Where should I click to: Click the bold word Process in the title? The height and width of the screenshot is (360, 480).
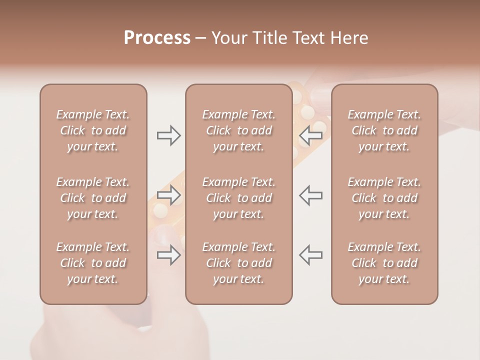[157, 38]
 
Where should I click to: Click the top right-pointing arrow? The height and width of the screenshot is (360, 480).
[169, 135]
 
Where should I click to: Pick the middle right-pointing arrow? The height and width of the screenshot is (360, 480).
[169, 195]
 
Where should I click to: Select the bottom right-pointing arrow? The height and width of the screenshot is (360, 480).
[169, 255]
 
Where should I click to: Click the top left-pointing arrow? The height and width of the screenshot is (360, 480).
[310, 135]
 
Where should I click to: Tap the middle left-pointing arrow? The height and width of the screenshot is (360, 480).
[310, 195]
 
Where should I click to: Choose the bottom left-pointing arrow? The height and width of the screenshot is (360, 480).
[310, 255]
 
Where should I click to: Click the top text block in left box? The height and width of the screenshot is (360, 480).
[93, 130]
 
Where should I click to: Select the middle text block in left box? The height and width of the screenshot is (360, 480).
[93, 198]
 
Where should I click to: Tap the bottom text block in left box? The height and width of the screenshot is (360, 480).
[93, 263]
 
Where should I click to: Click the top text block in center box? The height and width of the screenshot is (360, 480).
[238, 130]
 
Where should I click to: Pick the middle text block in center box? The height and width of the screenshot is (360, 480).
[238, 198]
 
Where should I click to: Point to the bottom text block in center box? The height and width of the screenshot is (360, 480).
[238, 263]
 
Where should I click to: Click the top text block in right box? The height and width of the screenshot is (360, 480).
[384, 130]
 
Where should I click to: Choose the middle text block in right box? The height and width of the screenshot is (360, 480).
[384, 198]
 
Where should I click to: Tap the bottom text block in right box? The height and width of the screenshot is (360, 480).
[384, 263]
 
